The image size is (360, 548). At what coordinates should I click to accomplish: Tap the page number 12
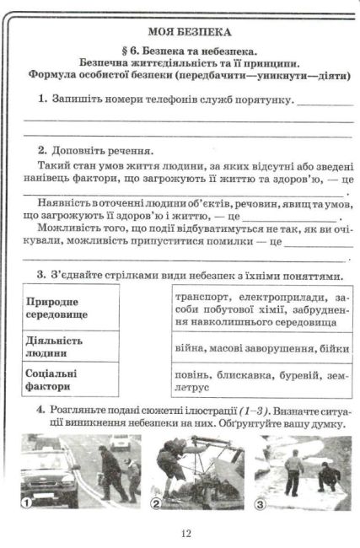[185, 533]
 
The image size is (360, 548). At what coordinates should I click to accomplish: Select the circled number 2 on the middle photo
[157, 503]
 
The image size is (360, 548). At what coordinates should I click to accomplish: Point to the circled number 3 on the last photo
[261, 505]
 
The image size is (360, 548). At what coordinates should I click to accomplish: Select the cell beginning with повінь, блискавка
[260, 379]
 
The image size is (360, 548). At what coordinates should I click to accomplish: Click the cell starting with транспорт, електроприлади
[260, 309]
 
